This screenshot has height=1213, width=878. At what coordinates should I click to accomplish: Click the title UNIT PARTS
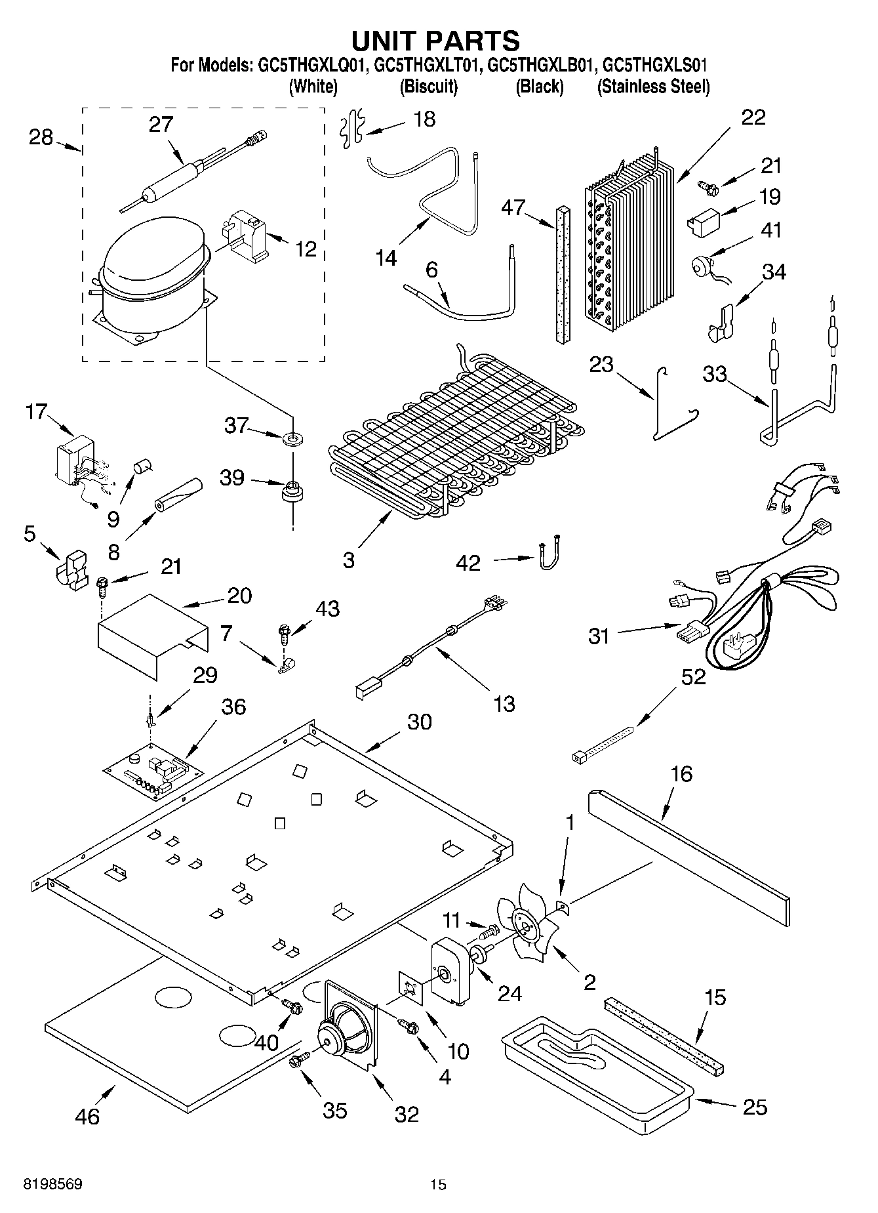pos(435,41)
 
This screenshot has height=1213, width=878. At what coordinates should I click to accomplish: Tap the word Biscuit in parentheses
pos(428,87)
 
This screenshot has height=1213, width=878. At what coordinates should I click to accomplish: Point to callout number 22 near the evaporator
pos(753,117)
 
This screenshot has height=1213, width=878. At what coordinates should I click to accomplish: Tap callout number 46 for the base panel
pos(87,1116)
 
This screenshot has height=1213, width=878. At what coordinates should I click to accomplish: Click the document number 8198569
pos(52,1184)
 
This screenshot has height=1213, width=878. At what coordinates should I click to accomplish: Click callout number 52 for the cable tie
pos(693,676)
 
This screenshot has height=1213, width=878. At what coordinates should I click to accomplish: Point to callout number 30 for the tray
pos(419,722)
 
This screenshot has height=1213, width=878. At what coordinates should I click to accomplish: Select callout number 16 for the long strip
pos(681,773)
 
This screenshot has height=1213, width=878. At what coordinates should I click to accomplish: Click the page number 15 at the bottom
pos(438,1184)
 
